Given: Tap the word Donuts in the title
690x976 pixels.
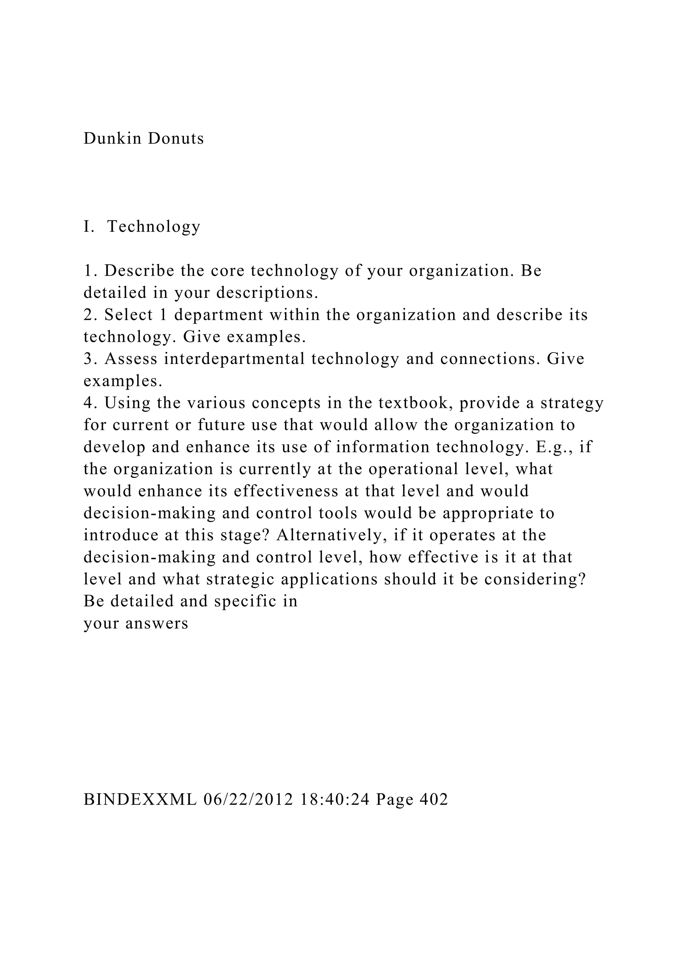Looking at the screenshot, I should [176, 139].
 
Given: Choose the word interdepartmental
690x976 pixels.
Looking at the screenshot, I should [234, 359].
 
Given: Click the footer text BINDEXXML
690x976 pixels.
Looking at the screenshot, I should [140, 800].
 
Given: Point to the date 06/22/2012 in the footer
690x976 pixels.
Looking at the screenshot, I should [249, 800].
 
